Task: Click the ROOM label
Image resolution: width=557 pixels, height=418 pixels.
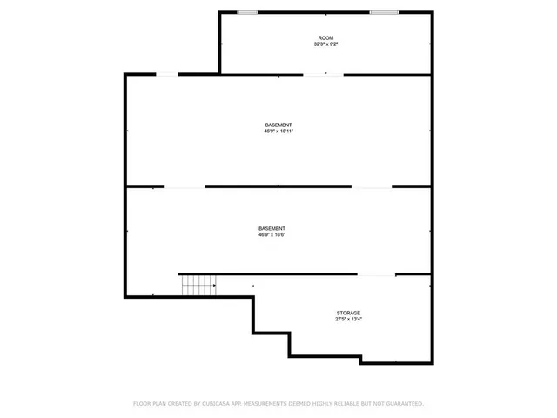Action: pos(325,38)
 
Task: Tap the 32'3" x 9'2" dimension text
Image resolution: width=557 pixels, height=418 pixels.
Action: pos(325,44)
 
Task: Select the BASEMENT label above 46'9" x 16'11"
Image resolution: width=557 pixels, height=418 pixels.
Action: pos(278,125)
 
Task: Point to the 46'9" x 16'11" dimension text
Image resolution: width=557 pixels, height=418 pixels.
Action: pos(278,131)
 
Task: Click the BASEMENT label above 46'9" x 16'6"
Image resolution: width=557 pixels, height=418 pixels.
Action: pos(272,228)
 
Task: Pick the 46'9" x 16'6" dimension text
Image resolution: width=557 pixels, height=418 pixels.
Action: pos(272,234)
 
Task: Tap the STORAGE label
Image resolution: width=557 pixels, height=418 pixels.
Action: pos(349,313)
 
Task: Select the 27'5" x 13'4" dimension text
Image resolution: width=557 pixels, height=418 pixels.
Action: pos(349,319)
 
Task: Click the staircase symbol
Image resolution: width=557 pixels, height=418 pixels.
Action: pos(198,285)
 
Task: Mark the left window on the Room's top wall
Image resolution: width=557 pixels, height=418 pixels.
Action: pos(248,12)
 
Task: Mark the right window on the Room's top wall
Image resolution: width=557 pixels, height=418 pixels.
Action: pos(384,12)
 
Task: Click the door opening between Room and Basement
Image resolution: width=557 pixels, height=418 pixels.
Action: pos(322,75)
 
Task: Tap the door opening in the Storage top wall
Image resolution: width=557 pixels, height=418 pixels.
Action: pos(376,275)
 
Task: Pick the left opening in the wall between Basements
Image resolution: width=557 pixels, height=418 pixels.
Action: pos(185,186)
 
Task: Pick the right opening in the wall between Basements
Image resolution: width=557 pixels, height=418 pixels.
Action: pos(372,186)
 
